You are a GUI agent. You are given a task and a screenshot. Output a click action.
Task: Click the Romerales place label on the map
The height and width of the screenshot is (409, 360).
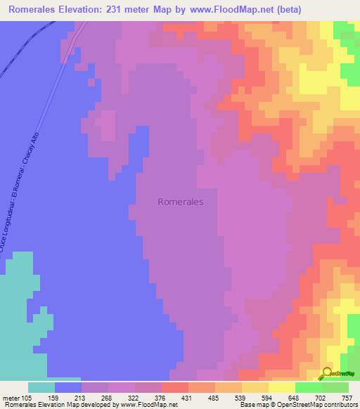[181, 201]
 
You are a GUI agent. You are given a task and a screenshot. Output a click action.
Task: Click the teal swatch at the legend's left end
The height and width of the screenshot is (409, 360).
[41, 387]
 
